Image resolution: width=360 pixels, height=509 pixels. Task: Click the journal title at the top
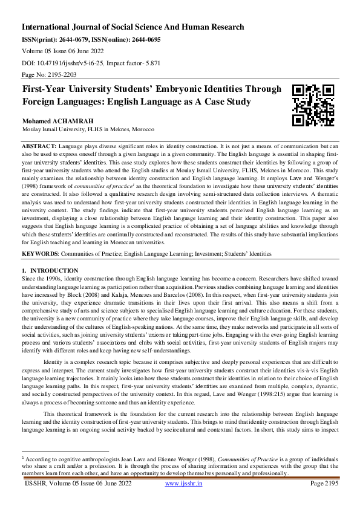133,27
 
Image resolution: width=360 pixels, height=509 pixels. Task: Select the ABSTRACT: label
40,147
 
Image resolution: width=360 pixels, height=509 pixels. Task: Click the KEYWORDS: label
41,254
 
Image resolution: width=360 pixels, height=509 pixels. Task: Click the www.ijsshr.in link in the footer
183,501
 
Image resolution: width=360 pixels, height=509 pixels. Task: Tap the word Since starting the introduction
29,277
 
